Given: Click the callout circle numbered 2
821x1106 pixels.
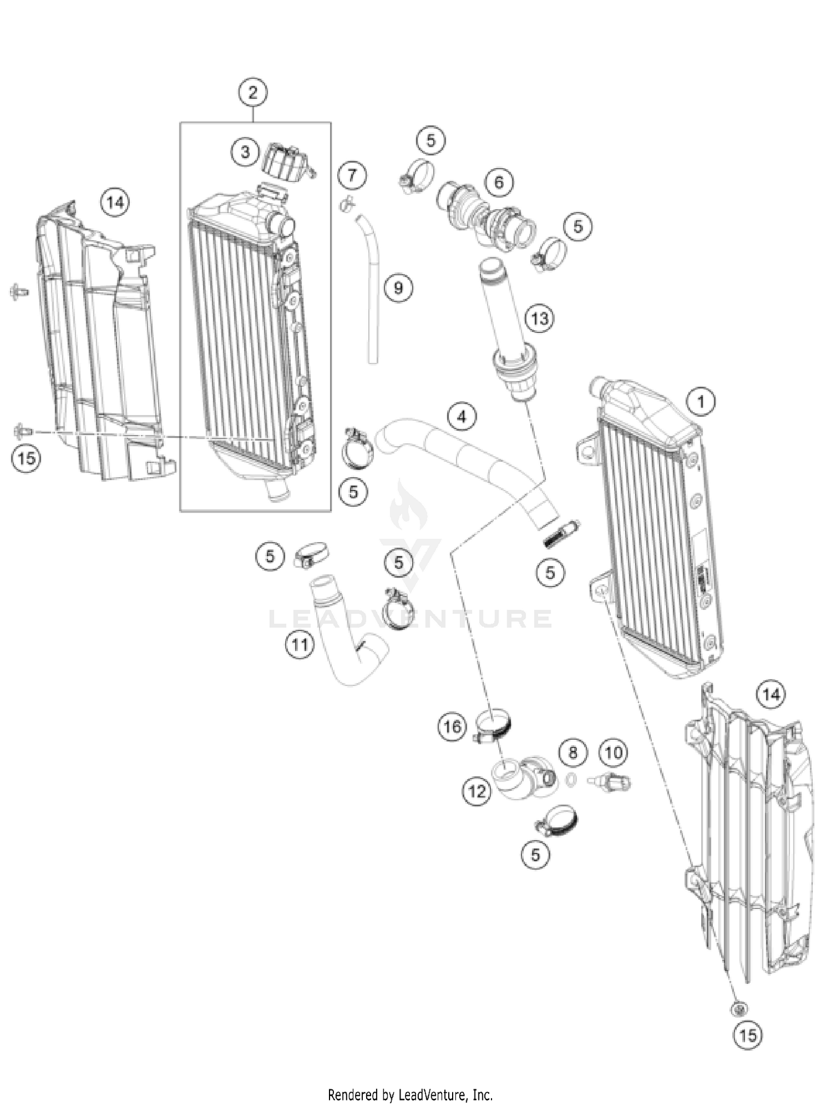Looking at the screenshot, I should click(252, 93).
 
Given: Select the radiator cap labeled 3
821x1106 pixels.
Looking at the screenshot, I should click(286, 162).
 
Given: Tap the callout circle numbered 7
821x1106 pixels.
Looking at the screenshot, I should click(352, 175).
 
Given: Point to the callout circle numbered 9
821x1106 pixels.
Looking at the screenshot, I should click(398, 287).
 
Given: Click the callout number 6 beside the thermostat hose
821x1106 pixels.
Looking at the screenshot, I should click(499, 182).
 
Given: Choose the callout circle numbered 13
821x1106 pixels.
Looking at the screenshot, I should click(539, 318).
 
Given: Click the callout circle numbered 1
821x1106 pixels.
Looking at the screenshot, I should click(701, 402).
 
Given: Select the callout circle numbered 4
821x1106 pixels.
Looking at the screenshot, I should click(462, 417).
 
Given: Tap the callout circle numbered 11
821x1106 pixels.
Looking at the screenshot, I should click(299, 644).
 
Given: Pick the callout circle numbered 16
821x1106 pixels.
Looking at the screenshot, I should click(452, 727).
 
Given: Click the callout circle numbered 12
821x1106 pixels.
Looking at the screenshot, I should click(477, 791).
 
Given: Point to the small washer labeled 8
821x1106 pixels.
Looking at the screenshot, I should click(570, 780).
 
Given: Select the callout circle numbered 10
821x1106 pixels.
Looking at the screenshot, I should click(613, 752).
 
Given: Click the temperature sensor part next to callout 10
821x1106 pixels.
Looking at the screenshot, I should click(611, 781).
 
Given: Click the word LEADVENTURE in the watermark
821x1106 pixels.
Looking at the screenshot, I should click(410, 619).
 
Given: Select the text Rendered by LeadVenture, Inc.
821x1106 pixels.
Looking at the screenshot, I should click(410, 1095).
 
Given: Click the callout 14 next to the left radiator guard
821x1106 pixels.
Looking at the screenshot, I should click(115, 203).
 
